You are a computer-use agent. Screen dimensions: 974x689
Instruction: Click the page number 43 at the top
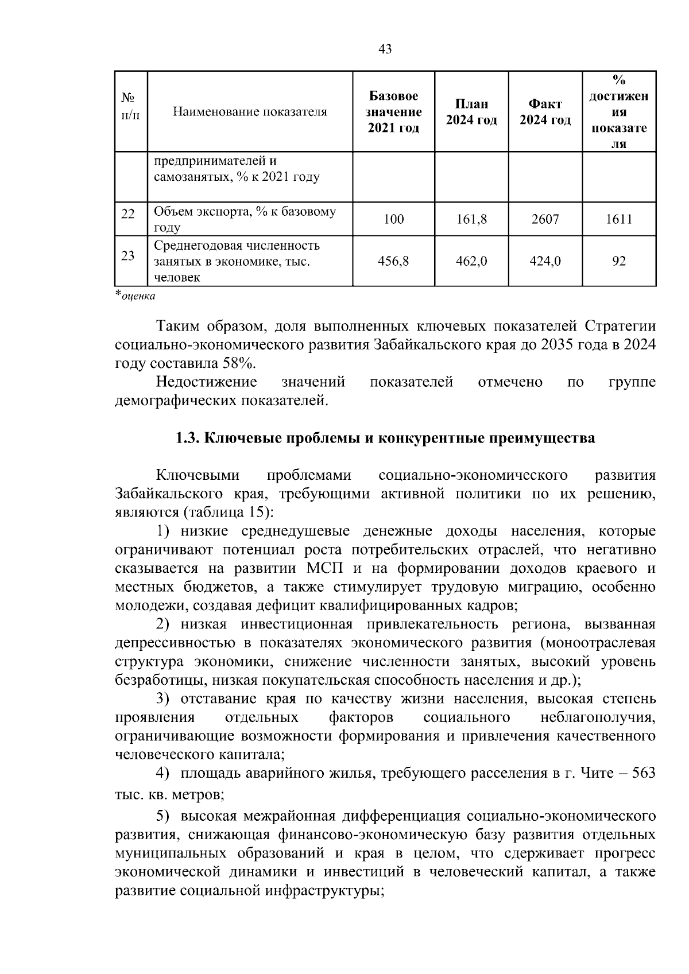(x=385, y=49)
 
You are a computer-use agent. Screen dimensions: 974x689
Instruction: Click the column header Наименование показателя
(x=250, y=112)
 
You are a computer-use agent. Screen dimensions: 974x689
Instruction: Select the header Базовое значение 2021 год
(x=393, y=112)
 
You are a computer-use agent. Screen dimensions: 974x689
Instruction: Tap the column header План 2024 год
(x=471, y=112)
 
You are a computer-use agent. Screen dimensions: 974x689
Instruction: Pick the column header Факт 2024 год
(x=545, y=112)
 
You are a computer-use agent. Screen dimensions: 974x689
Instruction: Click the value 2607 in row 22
(x=545, y=219)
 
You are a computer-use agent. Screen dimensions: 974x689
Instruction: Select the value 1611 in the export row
(x=618, y=219)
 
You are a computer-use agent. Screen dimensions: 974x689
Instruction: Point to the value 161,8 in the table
(x=471, y=219)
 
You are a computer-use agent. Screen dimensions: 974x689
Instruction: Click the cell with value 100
(x=393, y=219)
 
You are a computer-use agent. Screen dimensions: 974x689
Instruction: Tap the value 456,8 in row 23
(x=393, y=261)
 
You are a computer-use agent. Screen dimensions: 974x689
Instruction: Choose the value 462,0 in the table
(x=471, y=261)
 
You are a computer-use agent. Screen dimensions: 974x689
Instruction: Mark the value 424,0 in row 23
(x=545, y=261)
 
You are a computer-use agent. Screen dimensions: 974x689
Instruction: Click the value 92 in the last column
(x=618, y=261)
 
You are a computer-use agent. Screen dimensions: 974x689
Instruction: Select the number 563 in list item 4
(x=642, y=774)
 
